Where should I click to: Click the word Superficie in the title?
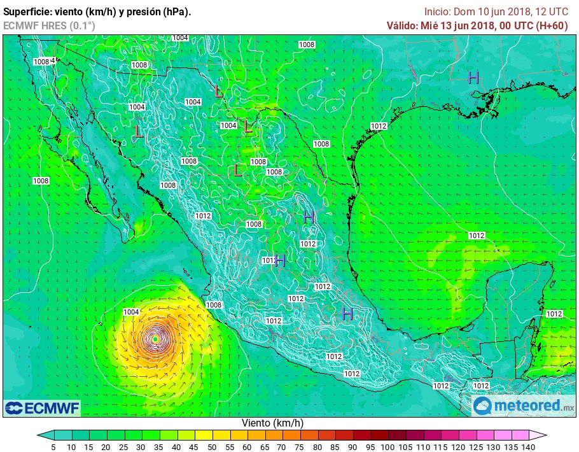point(25,12)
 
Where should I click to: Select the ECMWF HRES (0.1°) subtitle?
point(49,25)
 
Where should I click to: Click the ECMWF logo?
point(42,407)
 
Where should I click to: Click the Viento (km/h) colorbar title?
point(272,423)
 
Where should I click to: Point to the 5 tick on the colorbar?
point(53,447)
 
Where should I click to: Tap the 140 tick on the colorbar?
point(527,447)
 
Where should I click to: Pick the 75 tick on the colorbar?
point(299,447)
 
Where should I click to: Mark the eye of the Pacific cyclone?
point(155,339)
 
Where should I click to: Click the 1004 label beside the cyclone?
point(131,312)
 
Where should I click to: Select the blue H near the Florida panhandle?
point(473,78)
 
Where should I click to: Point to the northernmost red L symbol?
point(219,91)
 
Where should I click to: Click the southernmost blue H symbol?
point(347,313)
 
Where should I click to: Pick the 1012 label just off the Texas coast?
point(379,126)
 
